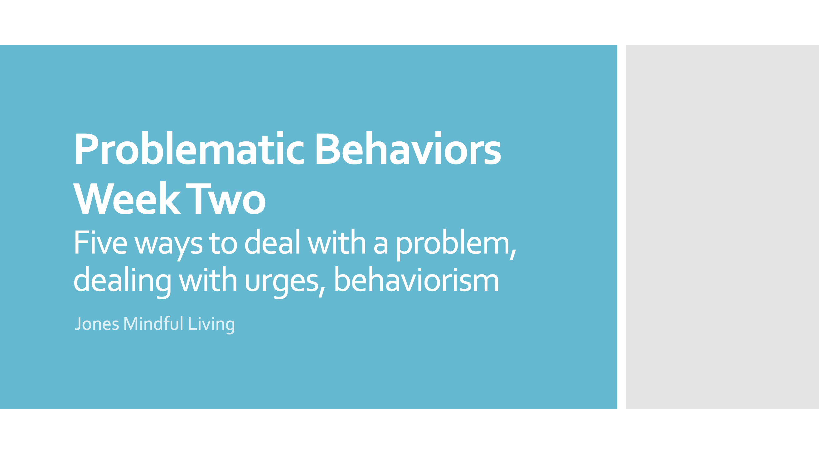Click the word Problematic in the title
coord(189,149)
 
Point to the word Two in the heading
coord(226,199)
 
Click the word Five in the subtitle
coord(100,243)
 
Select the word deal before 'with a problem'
coord(272,243)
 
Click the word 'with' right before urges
coord(208,280)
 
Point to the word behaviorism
coord(416,280)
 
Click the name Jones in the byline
coord(97,324)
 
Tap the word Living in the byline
coord(211,324)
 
